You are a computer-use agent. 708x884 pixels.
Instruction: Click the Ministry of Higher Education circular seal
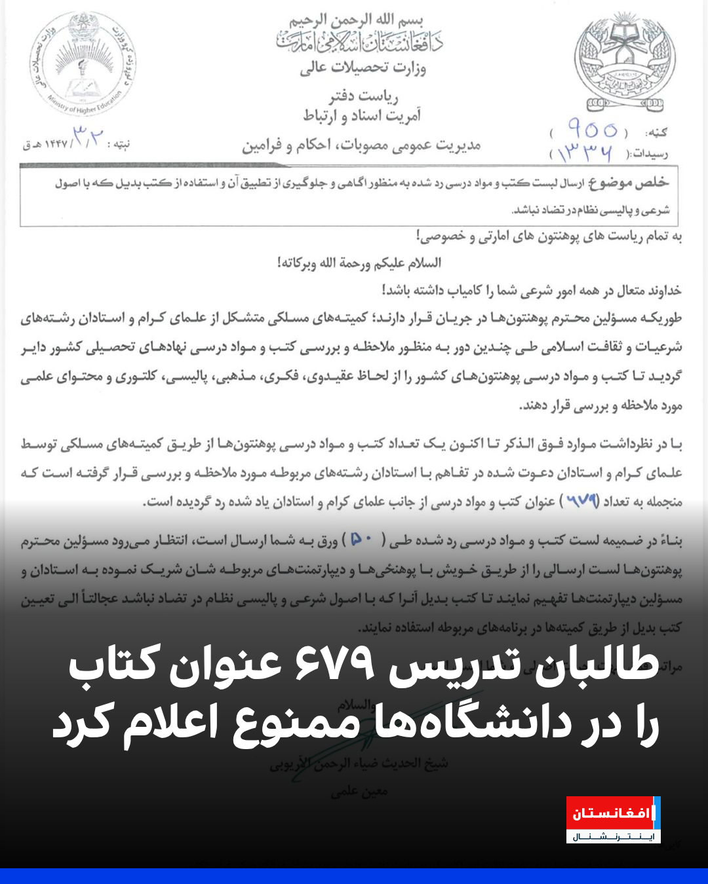[83, 64]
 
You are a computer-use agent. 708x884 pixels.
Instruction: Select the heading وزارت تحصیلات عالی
[363, 67]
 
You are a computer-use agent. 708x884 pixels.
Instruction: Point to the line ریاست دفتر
[364, 97]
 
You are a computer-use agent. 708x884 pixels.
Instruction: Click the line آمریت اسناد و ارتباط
[362, 117]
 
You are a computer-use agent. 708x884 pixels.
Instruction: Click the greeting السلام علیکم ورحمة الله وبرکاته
[359, 263]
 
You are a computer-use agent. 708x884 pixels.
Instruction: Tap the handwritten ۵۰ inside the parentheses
[361, 540]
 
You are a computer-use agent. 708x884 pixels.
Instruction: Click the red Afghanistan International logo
[612, 819]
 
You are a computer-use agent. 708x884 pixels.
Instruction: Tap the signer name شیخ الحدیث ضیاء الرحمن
[359, 764]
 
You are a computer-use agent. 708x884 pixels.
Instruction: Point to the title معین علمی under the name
[359, 791]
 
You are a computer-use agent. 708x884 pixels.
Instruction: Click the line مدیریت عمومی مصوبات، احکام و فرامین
[361, 145]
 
